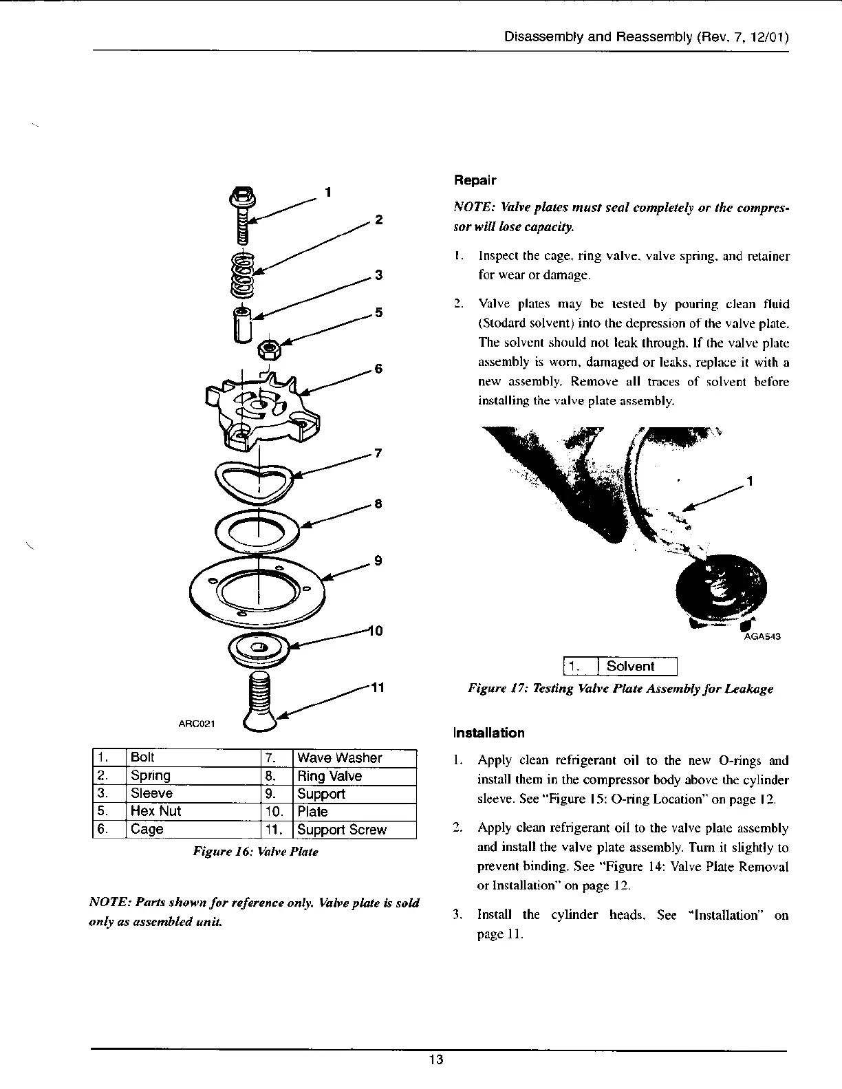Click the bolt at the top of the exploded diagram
coord(243,213)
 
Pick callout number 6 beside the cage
coord(377,369)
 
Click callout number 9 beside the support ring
coord(377,560)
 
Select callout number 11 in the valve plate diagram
coord(377,688)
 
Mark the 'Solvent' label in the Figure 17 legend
coord(630,666)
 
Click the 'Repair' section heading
coord(474,180)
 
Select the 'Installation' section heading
coord(488,733)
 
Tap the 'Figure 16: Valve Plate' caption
coord(256,852)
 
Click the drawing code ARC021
coord(197,723)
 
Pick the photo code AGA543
coord(762,636)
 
